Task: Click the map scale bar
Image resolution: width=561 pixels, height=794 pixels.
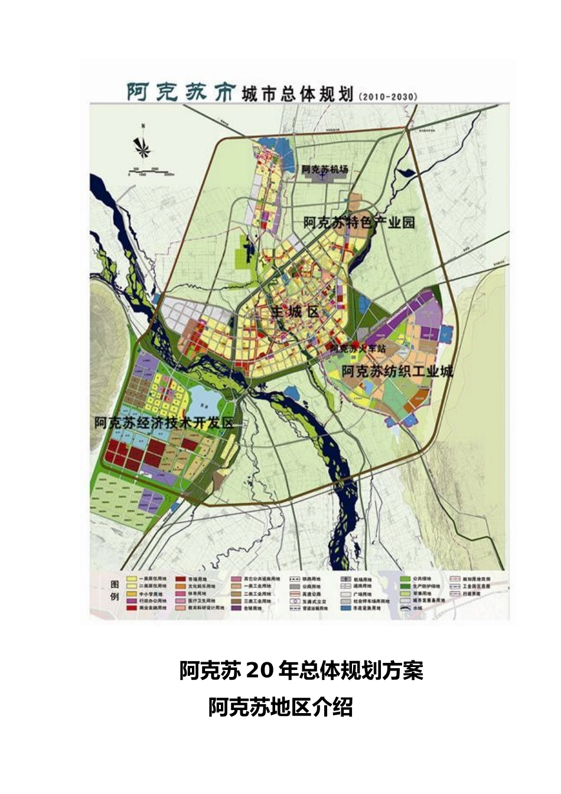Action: (150, 172)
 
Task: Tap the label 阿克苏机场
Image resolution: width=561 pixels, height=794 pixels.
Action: (325, 169)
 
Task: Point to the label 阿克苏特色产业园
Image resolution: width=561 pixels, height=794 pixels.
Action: (360, 223)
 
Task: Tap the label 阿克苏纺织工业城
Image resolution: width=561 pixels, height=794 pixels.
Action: (397, 372)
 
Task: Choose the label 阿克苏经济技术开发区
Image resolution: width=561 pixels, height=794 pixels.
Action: (164, 424)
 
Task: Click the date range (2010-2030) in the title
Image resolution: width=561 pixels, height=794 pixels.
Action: (387, 96)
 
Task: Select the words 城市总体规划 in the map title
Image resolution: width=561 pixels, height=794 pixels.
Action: (297, 95)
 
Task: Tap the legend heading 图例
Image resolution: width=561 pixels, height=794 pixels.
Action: (115, 591)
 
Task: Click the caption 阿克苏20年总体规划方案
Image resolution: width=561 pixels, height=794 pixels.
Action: (301, 671)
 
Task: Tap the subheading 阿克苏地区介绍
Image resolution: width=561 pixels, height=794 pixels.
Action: (280, 707)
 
